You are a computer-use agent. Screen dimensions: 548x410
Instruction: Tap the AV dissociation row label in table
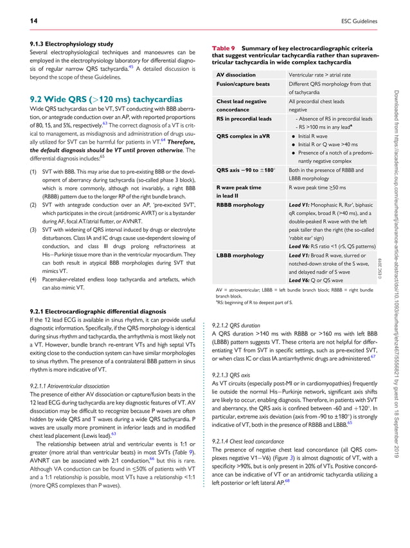236,75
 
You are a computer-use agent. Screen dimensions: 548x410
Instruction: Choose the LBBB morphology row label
240,255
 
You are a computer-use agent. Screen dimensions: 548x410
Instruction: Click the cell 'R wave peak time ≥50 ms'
318,187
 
